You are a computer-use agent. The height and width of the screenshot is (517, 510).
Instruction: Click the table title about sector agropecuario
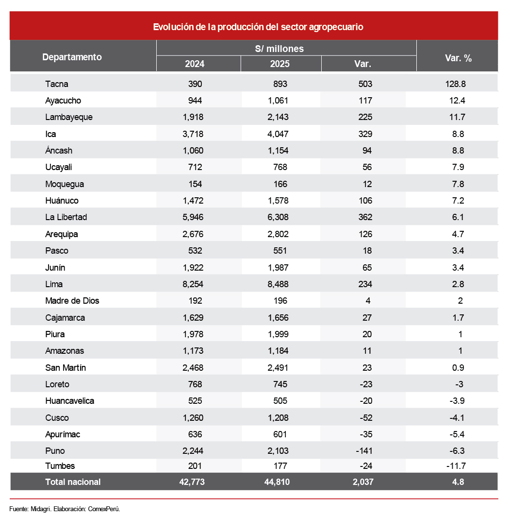pyautogui.click(x=258, y=27)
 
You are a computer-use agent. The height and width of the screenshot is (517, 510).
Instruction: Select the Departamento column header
pyautogui.click(x=72, y=57)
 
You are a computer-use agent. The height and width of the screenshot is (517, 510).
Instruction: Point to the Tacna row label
pyautogui.click(x=56, y=84)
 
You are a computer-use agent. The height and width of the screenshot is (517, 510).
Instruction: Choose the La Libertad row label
pyautogui.click(x=66, y=217)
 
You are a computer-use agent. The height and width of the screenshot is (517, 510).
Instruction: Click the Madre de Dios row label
pyautogui.click(x=72, y=301)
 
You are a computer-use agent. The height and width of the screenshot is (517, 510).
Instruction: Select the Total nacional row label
pyautogui.click(x=73, y=482)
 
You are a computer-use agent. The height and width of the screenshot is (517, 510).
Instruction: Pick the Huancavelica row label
pyautogui.click(x=69, y=401)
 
